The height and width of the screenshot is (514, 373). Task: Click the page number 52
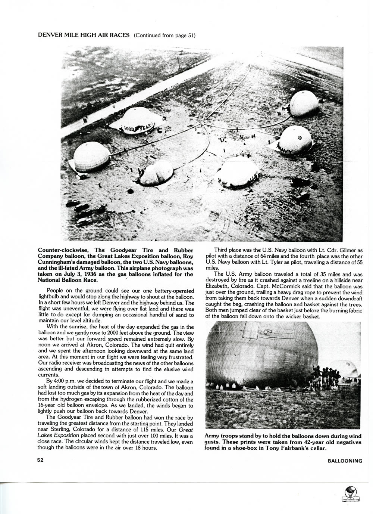click(x=41, y=460)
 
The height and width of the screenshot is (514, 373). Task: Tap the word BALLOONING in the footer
click(x=345, y=461)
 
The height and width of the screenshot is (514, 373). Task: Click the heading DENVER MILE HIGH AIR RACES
click(x=84, y=35)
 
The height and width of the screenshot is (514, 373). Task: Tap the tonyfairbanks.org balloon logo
click(x=350, y=494)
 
